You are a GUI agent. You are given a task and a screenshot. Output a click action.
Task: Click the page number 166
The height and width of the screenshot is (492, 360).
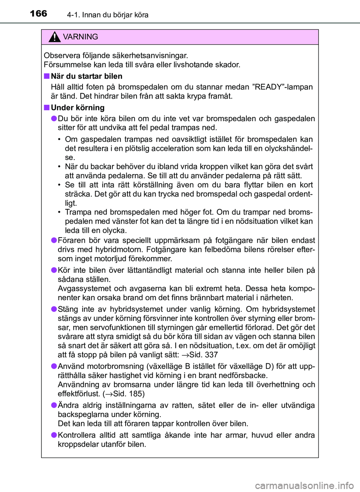(39, 14)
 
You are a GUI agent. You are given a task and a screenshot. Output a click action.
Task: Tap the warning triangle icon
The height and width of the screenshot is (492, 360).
(54, 37)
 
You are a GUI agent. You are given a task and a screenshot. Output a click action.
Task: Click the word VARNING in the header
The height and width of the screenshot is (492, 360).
(80, 37)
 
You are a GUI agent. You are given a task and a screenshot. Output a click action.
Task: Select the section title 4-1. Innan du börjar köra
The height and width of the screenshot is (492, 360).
(108, 15)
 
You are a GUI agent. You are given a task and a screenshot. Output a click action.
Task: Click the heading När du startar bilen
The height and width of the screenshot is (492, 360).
(87, 76)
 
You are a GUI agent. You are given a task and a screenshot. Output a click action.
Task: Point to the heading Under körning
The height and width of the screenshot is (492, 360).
(78, 108)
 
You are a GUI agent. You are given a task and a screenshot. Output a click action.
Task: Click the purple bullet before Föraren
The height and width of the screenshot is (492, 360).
(54, 240)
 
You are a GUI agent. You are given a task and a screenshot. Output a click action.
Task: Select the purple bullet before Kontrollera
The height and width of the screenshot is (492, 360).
(54, 435)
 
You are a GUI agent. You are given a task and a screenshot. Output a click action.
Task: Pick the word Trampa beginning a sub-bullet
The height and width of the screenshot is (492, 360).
(78, 212)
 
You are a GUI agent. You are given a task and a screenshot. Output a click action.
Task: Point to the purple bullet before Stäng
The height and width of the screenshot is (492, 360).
(54, 309)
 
